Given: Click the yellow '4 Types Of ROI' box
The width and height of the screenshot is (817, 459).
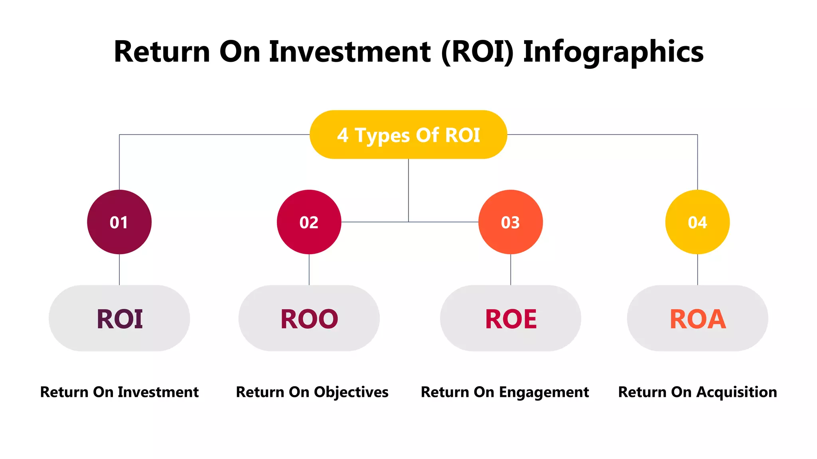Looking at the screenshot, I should pos(408,135).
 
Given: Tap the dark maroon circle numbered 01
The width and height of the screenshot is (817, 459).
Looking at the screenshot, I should pos(119,222).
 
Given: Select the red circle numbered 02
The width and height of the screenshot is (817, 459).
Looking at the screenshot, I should pos(309,222).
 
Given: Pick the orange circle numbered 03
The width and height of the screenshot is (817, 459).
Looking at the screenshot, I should pos(511,222).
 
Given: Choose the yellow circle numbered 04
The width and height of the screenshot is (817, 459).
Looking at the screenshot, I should pos(697,222).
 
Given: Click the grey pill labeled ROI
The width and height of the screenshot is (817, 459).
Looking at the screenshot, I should pos(119,318).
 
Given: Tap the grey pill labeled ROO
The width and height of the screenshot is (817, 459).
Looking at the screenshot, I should pos(309,318).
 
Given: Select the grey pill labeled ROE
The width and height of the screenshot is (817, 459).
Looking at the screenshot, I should pos(511,318).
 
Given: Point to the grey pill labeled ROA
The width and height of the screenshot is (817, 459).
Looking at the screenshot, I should pos(697,318).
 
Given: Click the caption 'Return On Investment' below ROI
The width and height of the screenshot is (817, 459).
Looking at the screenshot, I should pos(119,392).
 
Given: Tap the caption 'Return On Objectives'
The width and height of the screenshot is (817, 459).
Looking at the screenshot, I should pos(312,392).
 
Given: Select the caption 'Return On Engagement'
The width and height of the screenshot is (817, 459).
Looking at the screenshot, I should pos(505,392).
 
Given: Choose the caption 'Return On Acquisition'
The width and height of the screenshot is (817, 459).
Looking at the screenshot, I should pos(697,392).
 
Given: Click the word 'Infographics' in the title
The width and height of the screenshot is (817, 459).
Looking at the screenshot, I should pos(613,52).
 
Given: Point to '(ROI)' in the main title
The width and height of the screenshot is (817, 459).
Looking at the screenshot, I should pos(477,52).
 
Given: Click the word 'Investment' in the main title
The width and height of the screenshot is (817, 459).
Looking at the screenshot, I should pos(349,52).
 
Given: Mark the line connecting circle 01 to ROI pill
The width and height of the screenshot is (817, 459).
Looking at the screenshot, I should pos(119,269).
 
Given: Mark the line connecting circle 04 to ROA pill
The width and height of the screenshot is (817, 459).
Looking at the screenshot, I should pos(697,269).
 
